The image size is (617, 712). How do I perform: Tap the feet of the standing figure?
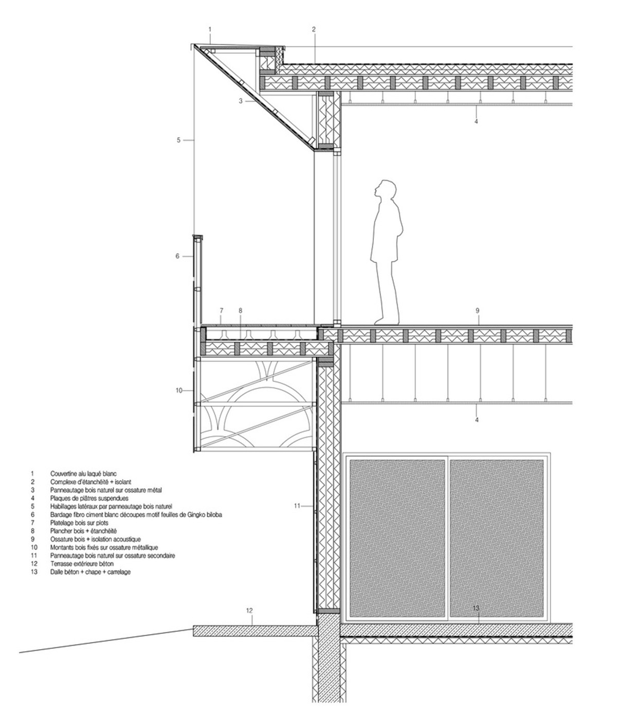[387, 321]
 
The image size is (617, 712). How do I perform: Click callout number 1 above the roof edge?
[210, 29]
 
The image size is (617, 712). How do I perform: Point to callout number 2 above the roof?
[313, 29]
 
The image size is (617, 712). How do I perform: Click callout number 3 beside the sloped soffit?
[240, 101]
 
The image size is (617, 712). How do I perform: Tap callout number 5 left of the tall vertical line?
[179, 139]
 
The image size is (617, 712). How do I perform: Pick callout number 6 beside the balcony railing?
[178, 256]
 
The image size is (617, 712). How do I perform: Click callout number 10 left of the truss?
[179, 391]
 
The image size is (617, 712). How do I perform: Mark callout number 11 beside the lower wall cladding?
[297, 506]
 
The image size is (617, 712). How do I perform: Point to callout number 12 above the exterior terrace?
[249, 611]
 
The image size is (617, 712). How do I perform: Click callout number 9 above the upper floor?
[477, 310]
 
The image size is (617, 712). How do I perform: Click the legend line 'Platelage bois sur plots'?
[80, 523]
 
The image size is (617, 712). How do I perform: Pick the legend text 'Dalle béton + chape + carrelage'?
[90, 572]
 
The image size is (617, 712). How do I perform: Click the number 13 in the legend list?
[34, 572]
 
